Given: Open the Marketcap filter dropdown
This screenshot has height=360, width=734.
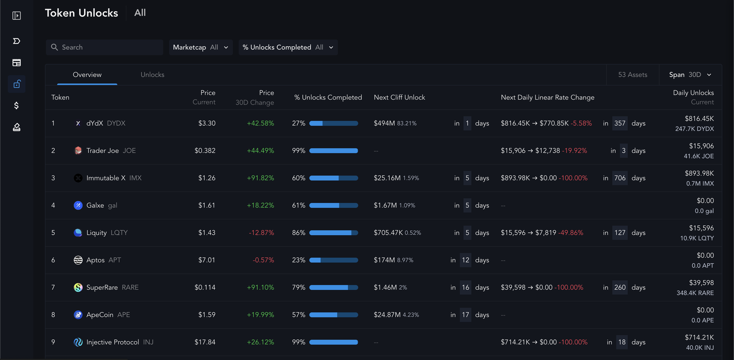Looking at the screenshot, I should click(200, 47).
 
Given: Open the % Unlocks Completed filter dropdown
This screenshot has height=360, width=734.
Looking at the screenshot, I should click(288, 47).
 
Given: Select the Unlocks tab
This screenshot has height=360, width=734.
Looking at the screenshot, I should click(152, 75).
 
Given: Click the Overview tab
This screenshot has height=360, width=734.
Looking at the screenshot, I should click(87, 75).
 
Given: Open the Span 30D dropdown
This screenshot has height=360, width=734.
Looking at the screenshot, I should click(690, 75).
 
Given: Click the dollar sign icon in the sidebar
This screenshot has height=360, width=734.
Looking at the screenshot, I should click(17, 105).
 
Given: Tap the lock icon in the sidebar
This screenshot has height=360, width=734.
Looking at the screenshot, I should click(17, 84).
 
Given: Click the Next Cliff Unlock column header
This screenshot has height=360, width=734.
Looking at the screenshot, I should click(399, 97).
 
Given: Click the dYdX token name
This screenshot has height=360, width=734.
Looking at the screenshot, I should click(95, 123).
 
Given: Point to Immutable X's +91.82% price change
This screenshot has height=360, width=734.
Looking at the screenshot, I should click(260, 178).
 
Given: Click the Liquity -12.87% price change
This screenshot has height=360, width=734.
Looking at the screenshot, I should click(261, 233).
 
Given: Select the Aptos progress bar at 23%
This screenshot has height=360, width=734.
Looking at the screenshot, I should click(334, 260).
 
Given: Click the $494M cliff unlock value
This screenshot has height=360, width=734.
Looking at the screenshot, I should click(384, 123).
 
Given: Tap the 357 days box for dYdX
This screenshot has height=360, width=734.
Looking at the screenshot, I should click(620, 123).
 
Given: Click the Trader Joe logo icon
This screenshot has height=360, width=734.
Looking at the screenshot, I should click(78, 150).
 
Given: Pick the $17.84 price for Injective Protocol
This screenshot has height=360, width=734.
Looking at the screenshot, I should click(205, 342).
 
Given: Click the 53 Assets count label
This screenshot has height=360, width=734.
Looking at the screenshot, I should click(633, 75).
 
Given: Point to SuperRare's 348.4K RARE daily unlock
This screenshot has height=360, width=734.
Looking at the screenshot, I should click(695, 293).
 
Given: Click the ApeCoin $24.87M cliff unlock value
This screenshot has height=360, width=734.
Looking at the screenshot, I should click(387, 315).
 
